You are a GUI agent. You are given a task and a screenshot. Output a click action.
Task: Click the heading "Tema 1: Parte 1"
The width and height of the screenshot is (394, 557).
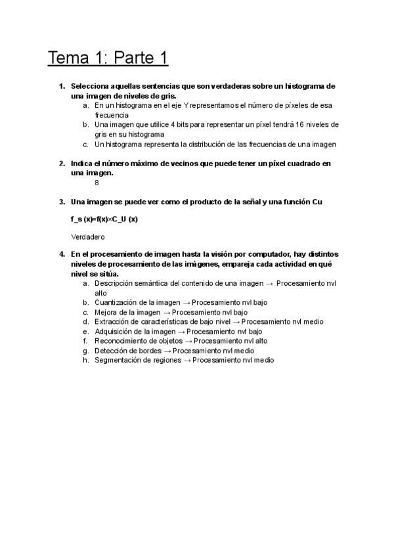[x=108, y=58]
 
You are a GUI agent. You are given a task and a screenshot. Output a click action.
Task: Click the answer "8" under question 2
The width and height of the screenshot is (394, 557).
[x=97, y=183]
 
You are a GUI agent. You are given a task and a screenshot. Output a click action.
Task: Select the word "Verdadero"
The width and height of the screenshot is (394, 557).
[x=88, y=236]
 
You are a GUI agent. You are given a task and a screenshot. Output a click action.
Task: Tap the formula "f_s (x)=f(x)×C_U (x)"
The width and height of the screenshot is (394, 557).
[x=104, y=219]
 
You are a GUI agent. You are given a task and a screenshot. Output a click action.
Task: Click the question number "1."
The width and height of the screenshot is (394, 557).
[x=62, y=86]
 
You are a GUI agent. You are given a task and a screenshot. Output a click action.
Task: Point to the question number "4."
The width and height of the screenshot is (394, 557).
[x=62, y=254]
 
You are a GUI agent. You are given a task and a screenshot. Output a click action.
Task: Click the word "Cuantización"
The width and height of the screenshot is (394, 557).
[x=116, y=303]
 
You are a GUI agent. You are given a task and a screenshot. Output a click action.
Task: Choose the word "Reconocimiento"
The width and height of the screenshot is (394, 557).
[x=121, y=341]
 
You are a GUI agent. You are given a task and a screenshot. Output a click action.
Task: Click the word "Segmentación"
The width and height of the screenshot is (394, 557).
[x=118, y=360]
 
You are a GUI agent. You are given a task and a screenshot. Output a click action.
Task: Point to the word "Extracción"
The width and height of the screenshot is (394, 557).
[x=112, y=322]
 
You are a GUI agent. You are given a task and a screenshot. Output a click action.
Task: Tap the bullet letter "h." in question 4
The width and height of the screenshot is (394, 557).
[x=86, y=360]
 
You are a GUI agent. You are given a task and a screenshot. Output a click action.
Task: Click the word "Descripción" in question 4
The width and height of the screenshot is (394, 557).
[x=115, y=283]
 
